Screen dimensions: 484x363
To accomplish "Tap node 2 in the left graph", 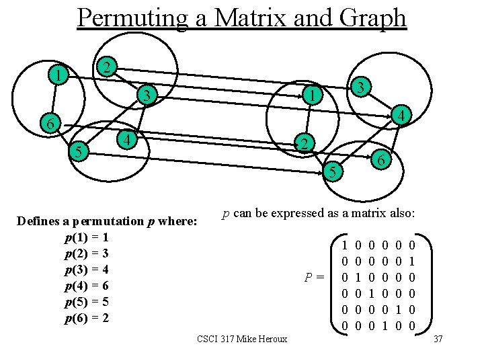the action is point(106,67).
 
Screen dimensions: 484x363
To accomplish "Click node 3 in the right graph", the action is point(360,87).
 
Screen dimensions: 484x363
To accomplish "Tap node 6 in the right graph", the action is point(380,161).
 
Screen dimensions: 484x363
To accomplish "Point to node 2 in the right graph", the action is point(304,144).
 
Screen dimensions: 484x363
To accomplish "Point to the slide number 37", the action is point(439,339).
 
